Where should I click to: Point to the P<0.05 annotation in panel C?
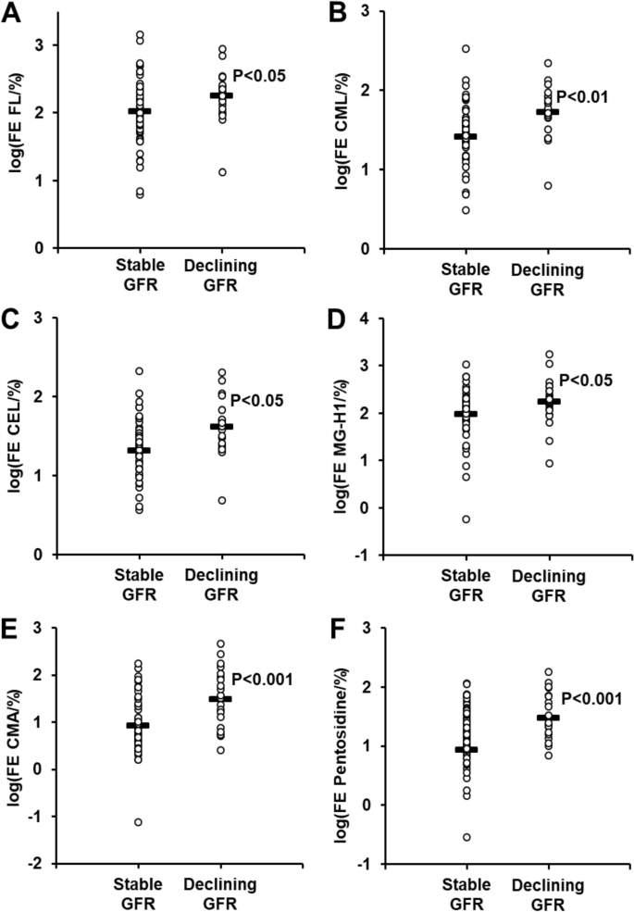pos(257,400)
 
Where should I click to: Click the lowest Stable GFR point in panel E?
pos(139,821)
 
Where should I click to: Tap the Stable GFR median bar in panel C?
pos(139,450)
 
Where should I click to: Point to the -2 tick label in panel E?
pos(43,863)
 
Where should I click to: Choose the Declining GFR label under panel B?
pos(548,280)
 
